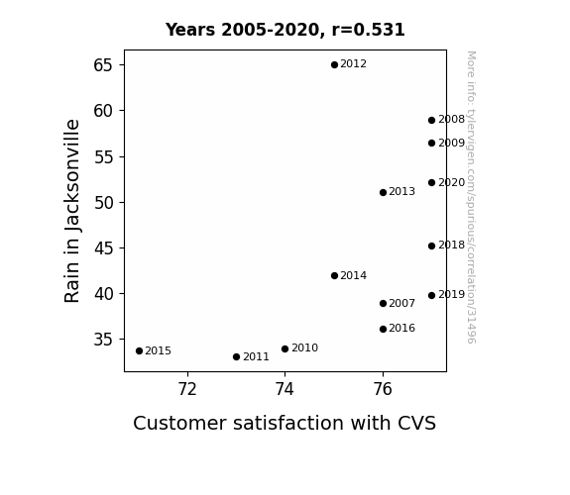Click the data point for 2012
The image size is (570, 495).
pyautogui.click(x=334, y=65)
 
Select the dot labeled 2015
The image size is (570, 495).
pyautogui.click(x=139, y=350)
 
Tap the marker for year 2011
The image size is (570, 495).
pyautogui.click(x=236, y=357)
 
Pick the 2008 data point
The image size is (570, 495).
pyautogui.click(x=431, y=120)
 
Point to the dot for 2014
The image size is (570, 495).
pyautogui.click(x=334, y=275)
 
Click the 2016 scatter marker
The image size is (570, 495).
pyautogui.click(x=383, y=329)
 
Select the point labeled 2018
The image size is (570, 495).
pyautogui.click(x=431, y=246)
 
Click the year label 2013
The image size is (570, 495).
pyautogui.click(x=401, y=191)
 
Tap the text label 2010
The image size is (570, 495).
pyautogui.click(x=304, y=347)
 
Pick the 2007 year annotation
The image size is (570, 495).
pyautogui.click(x=401, y=303)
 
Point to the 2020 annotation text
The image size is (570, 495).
pyautogui.click(x=451, y=183)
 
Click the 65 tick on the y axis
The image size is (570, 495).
pyautogui.click(x=103, y=65)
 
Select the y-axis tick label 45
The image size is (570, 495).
pyautogui.click(x=103, y=248)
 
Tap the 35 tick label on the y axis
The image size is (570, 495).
pyautogui.click(x=103, y=340)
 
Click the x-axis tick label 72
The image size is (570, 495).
pyautogui.click(x=187, y=389)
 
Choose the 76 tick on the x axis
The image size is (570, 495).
pyautogui.click(x=383, y=389)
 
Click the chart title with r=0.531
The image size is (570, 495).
pyautogui.click(x=285, y=30)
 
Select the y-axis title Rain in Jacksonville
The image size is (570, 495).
pyautogui.click(x=72, y=211)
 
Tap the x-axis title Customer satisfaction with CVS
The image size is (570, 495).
pyautogui.click(x=285, y=423)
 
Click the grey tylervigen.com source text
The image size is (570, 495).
pyautogui.click(x=471, y=197)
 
